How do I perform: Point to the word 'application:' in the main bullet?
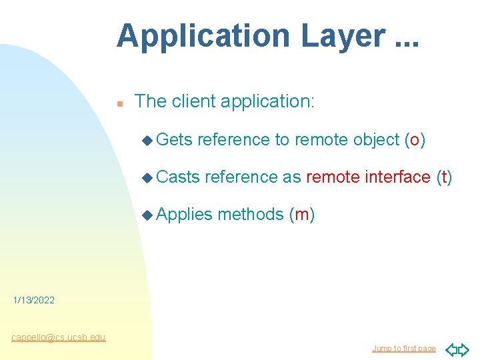(x=267, y=102)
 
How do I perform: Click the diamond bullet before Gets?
(x=147, y=140)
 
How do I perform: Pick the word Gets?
(x=174, y=139)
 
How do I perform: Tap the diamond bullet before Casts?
(x=147, y=177)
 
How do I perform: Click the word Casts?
(x=178, y=177)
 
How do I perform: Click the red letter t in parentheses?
(x=444, y=177)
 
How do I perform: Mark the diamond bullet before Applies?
(x=147, y=215)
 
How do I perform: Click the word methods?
(x=251, y=214)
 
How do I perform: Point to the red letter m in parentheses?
(x=301, y=215)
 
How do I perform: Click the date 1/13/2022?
(x=34, y=301)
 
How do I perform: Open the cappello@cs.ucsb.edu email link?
(x=58, y=337)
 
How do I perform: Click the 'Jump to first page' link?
(x=403, y=349)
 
